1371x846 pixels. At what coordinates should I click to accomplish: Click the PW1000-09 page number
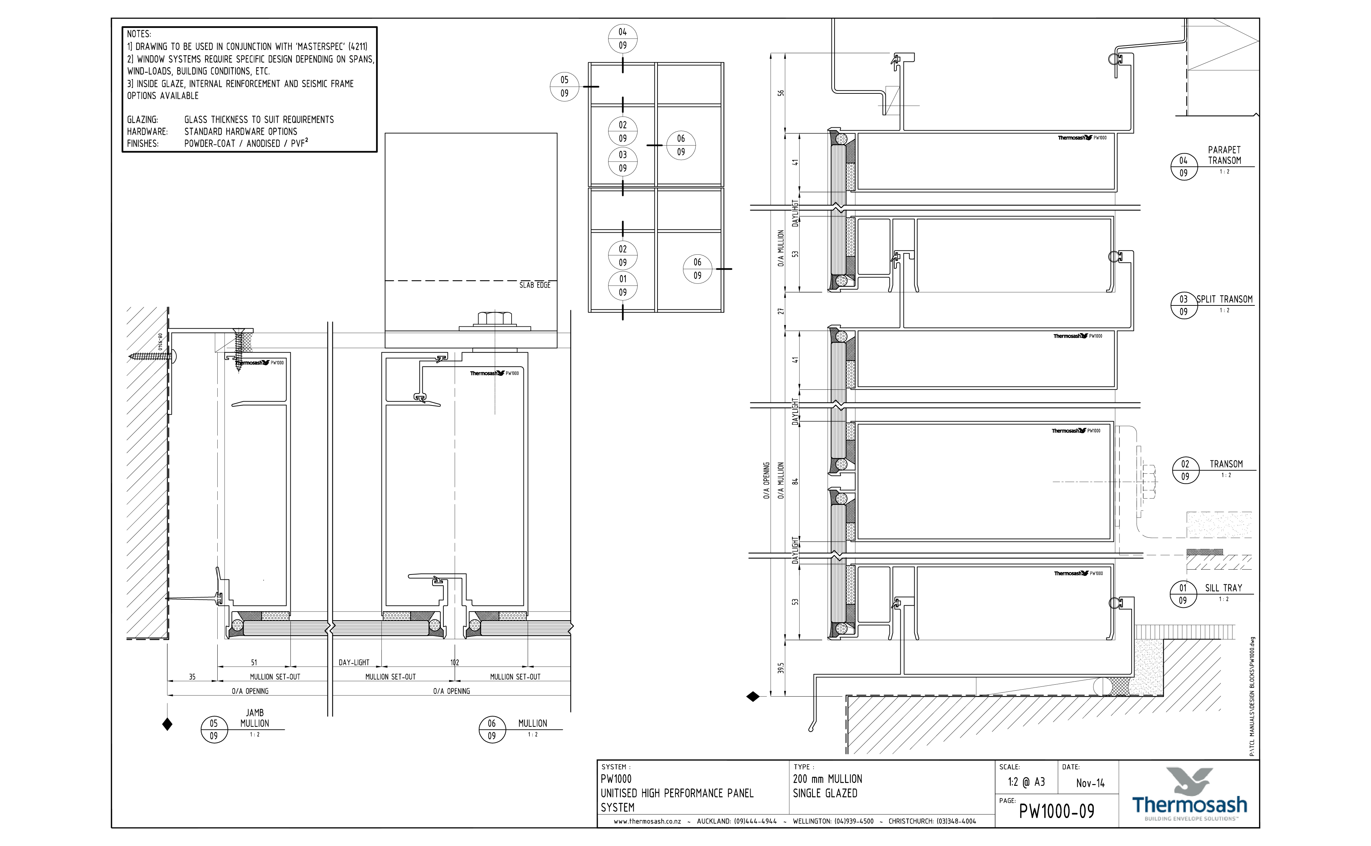point(1056,811)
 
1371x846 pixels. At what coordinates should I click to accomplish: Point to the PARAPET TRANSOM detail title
point(1224,155)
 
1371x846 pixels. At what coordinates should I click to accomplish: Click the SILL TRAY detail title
point(1223,588)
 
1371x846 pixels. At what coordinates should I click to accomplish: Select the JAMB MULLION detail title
point(255,718)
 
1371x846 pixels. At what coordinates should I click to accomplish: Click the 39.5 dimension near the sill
point(781,668)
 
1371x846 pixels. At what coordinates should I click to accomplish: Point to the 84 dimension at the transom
point(795,481)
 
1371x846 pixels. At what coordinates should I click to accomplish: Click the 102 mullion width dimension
point(455,662)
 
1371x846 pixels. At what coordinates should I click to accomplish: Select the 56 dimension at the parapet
point(781,93)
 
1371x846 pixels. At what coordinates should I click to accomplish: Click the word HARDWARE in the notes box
point(147,132)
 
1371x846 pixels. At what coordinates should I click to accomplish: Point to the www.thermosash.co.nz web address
point(647,822)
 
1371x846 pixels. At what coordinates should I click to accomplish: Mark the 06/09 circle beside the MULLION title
point(492,729)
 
